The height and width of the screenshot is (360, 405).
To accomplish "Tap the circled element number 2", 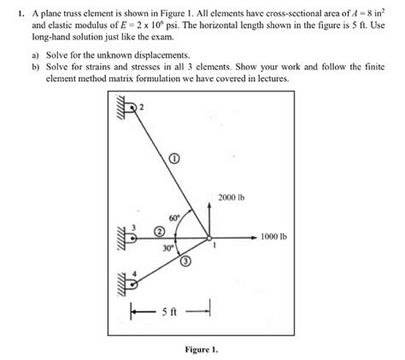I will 159,231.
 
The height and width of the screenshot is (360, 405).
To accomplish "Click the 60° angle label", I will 174,218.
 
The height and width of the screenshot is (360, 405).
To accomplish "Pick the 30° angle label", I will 168,248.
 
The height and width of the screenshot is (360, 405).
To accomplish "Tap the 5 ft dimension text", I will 166,313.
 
